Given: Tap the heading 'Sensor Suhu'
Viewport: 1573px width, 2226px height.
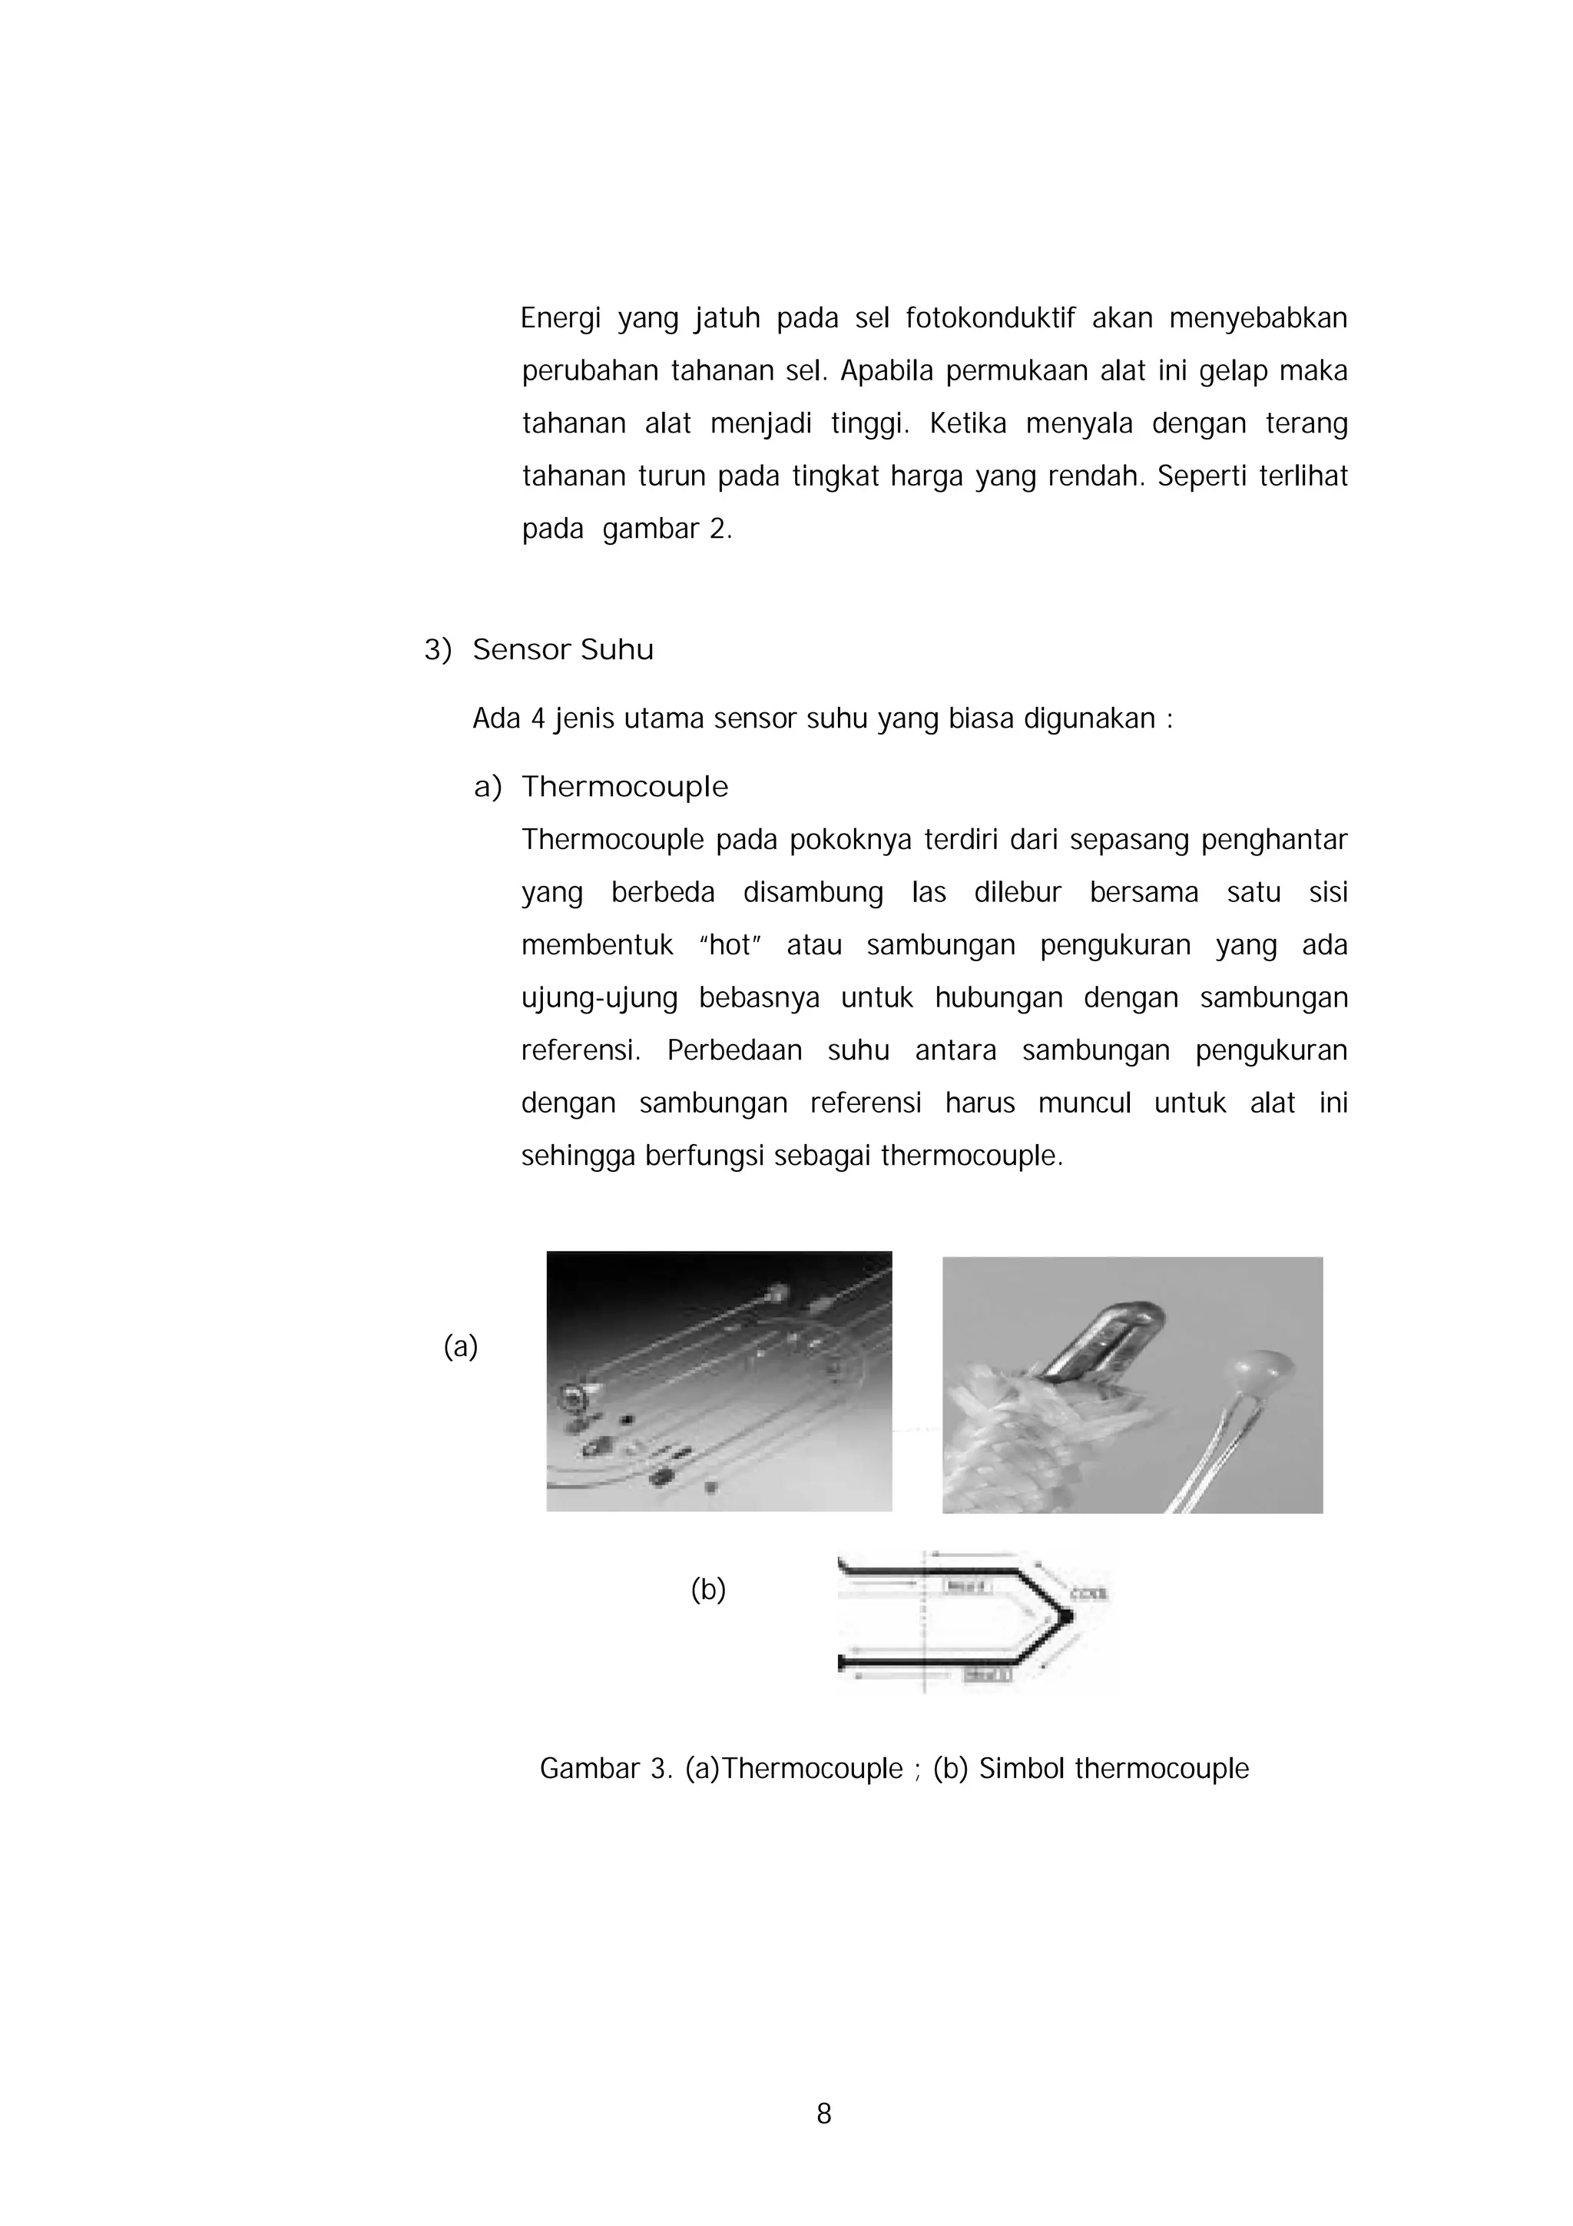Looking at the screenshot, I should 562,649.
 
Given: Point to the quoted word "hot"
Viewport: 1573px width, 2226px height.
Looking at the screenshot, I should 730,945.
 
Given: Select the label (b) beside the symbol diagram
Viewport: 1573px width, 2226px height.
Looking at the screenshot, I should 707,1589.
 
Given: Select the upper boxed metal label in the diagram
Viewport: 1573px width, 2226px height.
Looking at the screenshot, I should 965,1587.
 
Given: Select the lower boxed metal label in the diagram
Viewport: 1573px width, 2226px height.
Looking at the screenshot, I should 988,1675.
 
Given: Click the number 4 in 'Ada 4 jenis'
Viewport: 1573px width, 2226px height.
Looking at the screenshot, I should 538,719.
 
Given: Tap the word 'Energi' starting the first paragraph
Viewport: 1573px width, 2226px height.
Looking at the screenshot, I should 560,318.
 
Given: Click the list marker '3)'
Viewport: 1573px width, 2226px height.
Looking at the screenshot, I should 437,649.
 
